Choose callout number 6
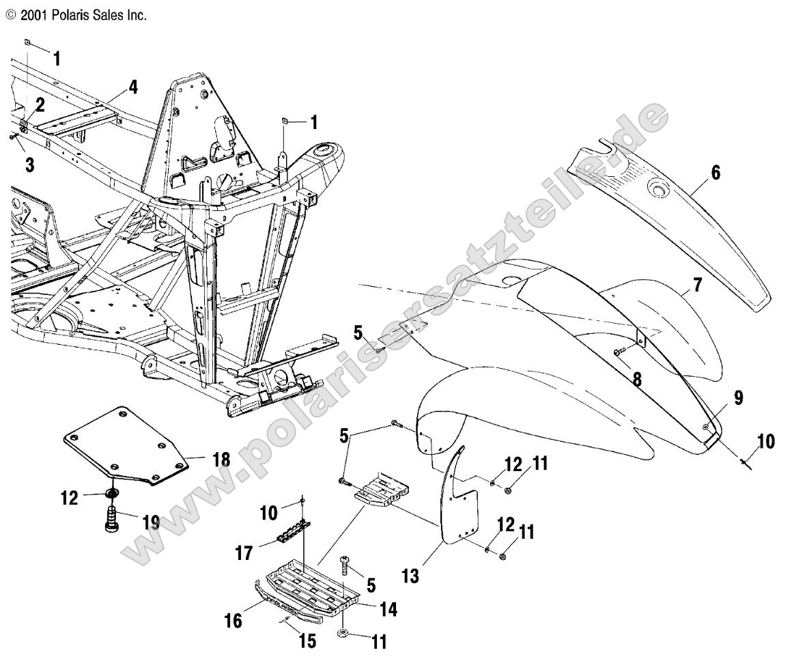click(x=714, y=173)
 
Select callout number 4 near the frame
click(x=132, y=87)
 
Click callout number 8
click(x=636, y=378)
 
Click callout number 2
click(x=40, y=105)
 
